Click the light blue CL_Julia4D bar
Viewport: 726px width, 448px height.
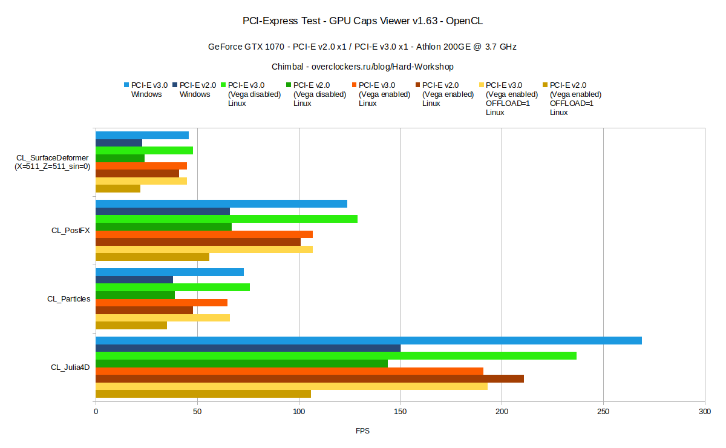[x=368, y=340]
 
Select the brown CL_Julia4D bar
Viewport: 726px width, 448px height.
[x=310, y=378]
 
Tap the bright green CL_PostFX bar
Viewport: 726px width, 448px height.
[x=226, y=219]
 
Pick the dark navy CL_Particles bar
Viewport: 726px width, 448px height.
[x=134, y=280]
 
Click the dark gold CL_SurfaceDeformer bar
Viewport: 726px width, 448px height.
[x=118, y=188]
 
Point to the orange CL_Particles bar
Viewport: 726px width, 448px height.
[x=162, y=302]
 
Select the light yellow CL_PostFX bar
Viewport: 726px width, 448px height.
[x=204, y=249]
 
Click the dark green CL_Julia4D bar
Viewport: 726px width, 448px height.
[x=241, y=363]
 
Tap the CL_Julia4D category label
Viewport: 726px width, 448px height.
[x=70, y=367]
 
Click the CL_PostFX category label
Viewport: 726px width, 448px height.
[x=71, y=230]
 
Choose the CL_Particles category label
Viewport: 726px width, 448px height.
[x=69, y=298]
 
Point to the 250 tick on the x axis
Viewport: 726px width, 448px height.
[x=603, y=412]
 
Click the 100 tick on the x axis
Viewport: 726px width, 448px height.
[x=299, y=412]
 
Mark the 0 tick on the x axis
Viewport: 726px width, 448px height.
[x=96, y=412]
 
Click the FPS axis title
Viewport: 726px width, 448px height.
[x=362, y=431]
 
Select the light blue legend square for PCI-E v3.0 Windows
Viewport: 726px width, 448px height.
[x=126, y=85]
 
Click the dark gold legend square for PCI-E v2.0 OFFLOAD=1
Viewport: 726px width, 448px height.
[x=545, y=85]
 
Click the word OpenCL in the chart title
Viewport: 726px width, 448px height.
[x=465, y=21]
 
